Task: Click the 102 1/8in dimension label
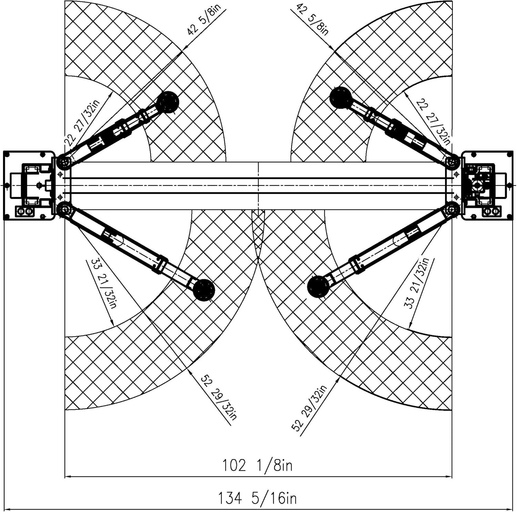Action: (x=257, y=465)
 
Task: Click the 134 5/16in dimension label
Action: (x=257, y=498)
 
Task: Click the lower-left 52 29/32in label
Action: (x=219, y=397)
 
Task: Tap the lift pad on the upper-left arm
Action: (x=168, y=102)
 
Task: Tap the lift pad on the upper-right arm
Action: (x=341, y=98)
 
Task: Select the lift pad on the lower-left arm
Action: (x=204, y=290)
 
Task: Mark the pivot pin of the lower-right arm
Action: (x=453, y=209)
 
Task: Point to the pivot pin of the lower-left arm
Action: (x=63, y=209)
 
